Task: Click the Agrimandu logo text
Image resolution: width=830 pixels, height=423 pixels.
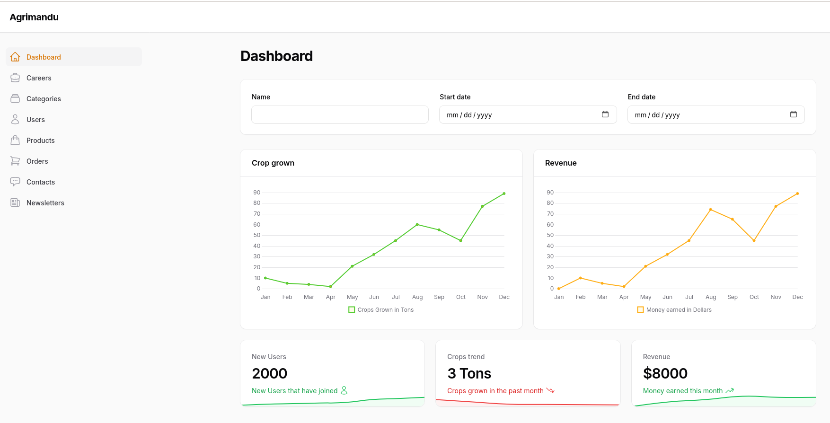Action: click(x=34, y=17)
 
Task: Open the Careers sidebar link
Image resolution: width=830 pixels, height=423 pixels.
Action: click(x=39, y=78)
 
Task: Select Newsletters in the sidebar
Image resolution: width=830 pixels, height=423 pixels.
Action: click(x=45, y=203)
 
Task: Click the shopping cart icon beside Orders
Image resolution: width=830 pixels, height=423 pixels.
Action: click(x=15, y=161)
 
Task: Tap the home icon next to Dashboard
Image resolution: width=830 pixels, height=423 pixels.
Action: click(x=15, y=57)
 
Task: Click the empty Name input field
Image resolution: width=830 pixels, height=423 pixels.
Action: click(x=340, y=115)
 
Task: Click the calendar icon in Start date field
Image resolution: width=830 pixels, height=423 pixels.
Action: click(x=605, y=115)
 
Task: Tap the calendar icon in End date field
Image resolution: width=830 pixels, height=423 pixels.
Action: click(x=793, y=115)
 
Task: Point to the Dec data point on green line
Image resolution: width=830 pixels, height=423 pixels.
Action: click(x=504, y=194)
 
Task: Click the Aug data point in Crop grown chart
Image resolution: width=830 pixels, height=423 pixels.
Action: click(x=417, y=224)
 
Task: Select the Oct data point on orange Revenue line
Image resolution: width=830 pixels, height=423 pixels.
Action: click(x=754, y=240)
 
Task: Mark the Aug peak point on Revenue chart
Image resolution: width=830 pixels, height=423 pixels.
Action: click(x=711, y=210)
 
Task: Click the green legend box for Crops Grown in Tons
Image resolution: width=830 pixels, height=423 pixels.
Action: click(x=352, y=310)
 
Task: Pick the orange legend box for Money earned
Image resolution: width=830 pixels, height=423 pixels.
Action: click(x=640, y=310)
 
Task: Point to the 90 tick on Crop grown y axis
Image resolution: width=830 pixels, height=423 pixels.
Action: click(x=256, y=193)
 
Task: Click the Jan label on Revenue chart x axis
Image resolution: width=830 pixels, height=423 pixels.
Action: click(x=559, y=297)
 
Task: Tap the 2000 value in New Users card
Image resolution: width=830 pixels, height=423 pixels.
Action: click(x=270, y=373)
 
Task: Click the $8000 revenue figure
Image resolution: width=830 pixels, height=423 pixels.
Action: click(x=665, y=373)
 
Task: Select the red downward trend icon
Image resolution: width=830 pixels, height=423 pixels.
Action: click(x=550, y=390)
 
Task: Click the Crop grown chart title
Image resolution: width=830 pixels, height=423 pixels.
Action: click(x=273, y=163)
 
